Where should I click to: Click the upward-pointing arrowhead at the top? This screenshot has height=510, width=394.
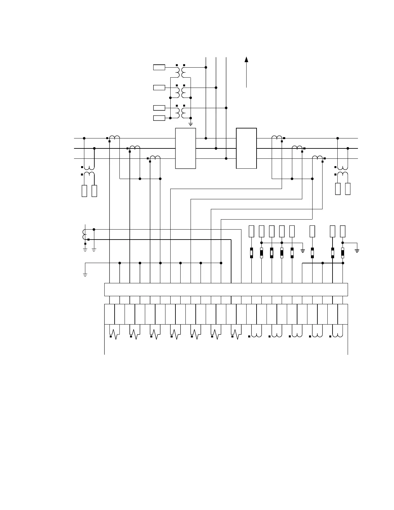[x=246, y=59]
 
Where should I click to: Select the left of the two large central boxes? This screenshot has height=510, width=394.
[x=185, y=148]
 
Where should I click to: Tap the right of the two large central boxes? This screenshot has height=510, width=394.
[x=246, y=148]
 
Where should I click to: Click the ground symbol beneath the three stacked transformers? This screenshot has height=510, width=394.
[x=191, y=124]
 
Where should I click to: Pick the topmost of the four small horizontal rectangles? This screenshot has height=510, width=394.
[x=159, y=67]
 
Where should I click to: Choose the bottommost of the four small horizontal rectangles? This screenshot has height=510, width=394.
[x=159, y=118]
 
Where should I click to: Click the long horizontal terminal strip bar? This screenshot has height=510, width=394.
[x=226, y=289]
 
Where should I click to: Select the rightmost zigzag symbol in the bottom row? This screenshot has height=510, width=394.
[x=236, y=334]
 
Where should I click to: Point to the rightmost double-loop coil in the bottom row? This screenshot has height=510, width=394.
[x=338, y=334]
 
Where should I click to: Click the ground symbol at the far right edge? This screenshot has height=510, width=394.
[x=357, y=250]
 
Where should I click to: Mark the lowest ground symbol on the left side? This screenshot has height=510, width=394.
[x=85, y=275]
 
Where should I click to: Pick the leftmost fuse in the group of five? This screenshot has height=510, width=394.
[x=251, y=253]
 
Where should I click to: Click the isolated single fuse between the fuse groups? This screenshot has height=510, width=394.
[x=312, y=253]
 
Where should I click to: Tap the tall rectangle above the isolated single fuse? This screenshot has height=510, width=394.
[x=312, y=231]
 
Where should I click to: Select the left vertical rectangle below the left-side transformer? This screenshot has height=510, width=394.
[x=84, y=191]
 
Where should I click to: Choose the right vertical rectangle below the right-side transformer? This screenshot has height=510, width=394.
[x=348, y=189]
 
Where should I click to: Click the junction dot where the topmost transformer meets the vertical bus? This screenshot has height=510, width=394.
[x=206, y=67]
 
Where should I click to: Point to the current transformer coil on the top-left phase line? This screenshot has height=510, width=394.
[x=115, y=138]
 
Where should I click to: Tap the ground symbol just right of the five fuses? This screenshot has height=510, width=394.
[x=303, y=250]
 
